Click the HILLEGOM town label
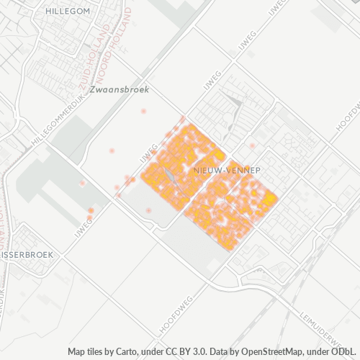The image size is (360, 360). pos(67,12)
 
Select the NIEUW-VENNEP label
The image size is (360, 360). pos(227,170)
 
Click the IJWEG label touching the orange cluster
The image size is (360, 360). pos(149,155)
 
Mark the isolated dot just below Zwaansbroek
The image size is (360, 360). pos(143,112)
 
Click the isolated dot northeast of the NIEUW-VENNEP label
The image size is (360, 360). pos(252,145)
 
